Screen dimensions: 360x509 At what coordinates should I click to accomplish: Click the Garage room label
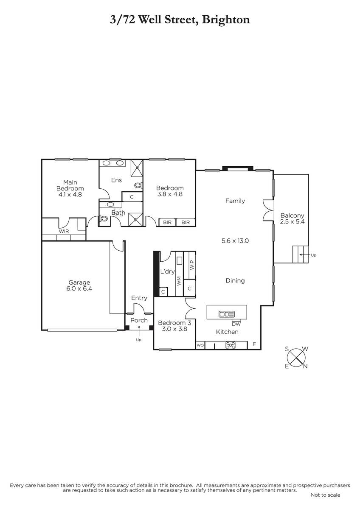(x=79, y=282)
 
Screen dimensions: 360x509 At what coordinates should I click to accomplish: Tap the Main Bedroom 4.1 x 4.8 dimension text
(x=70, y=195)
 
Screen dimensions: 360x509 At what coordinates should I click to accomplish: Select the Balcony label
(x=292, y=215)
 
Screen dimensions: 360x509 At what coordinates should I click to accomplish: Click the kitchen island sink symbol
(x=227, y=314)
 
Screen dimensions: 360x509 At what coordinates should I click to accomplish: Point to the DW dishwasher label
(x=236, y=324)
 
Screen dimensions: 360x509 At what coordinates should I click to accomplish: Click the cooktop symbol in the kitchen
(x=231, y=345)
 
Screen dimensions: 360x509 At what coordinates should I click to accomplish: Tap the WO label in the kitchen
(x=200, y=345)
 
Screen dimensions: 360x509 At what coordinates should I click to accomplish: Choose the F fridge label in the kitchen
(x=254, y=344)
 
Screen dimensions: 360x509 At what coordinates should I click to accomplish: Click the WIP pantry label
(x=192, y=265)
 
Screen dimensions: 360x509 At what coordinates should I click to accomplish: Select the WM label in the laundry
(x=179, y=281)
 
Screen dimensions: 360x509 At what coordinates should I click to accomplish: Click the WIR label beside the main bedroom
(x=64, y=231)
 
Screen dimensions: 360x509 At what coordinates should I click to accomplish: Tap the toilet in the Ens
(x=138, y=185)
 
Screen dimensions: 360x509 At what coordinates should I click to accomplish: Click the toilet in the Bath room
(x=104, y=218)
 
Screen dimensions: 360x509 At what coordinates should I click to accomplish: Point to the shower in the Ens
(x=137, y=168)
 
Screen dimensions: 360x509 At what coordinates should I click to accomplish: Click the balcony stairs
(x=300, y=254)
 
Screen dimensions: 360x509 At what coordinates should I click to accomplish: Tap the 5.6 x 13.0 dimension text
(x=235, y=241)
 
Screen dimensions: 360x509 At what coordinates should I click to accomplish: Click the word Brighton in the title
(x=226, y=20)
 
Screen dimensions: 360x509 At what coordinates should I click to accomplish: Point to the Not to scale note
(x=326, y=495)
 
